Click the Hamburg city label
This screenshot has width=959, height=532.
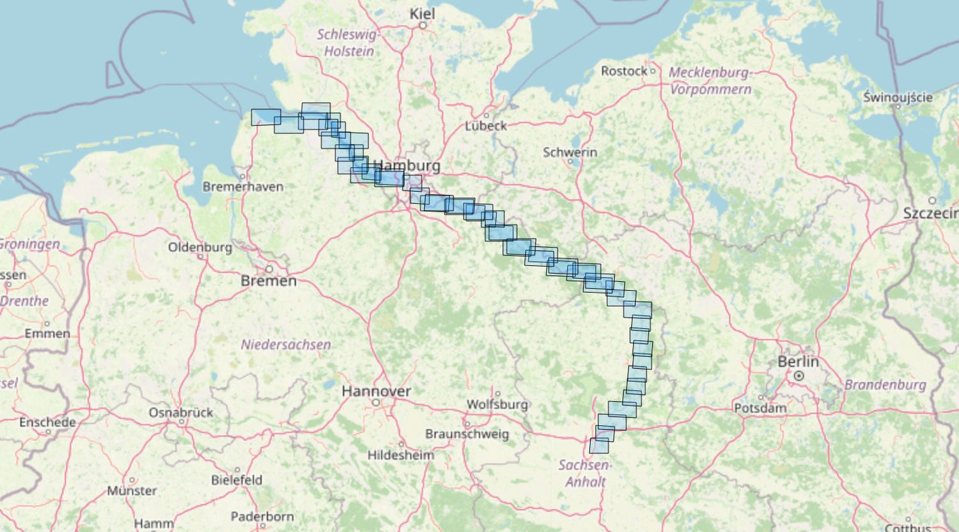[407, 166]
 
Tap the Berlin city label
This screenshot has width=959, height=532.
[798, 362]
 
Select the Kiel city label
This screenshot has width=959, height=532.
[422, 13]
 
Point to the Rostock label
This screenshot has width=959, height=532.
[624, 71]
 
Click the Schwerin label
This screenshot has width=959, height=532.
[570, 152]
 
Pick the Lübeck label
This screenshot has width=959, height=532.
[485, 126]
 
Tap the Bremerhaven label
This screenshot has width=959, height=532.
[242, 187]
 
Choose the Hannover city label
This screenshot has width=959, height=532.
[376, 391]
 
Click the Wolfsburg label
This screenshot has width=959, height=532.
[497, 404]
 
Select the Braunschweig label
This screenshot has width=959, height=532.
[467, 434]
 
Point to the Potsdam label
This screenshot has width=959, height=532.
[760, 408]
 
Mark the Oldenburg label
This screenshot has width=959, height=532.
[199, 247]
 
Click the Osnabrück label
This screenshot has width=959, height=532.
[180, 412]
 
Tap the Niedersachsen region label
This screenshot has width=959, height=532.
[286, 345]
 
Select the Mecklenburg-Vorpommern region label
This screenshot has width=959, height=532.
[710, 81]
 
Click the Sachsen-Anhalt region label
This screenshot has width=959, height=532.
[584, 473]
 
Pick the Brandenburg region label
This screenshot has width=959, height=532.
[885, 384]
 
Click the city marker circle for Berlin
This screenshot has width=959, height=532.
[799, 376]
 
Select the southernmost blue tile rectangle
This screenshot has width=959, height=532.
[599, 446]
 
